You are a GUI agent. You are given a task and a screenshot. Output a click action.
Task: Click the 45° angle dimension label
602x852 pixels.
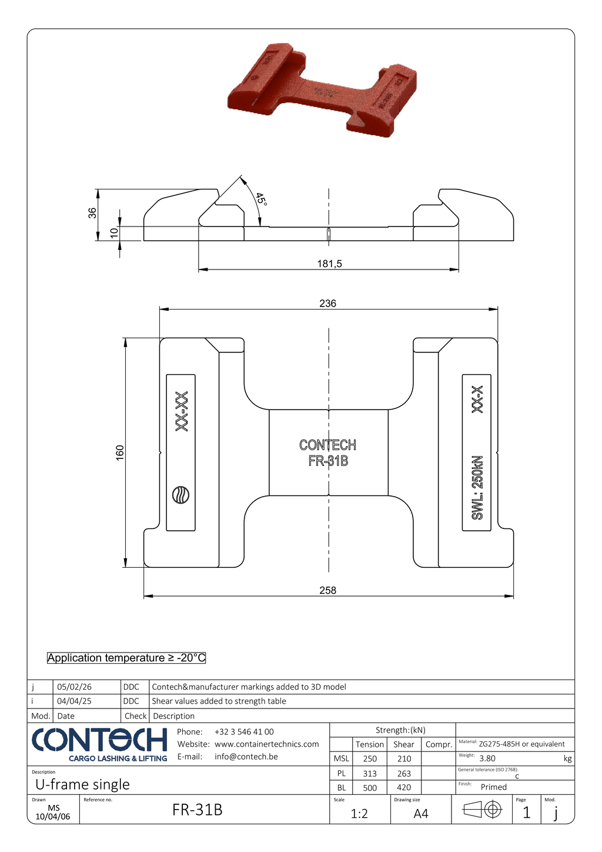tap(262, 199)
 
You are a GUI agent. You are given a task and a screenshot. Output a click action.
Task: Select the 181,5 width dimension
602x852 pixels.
tap(329, 264)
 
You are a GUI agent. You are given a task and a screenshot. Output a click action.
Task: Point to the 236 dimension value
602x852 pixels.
tap(327, 304)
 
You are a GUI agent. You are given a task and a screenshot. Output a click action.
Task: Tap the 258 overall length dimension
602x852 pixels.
tap(327, 590)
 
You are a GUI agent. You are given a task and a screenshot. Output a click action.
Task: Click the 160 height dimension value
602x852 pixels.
tap(120, 452)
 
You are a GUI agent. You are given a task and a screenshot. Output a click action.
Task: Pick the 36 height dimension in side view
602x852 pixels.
tap(93, 214)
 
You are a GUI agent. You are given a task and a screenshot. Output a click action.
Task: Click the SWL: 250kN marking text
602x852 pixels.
tap(477, 487)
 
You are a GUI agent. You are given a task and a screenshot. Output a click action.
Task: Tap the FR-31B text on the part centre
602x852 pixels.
tap(328, 461)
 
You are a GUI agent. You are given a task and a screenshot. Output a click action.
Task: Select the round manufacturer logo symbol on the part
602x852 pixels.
tap(180, 495)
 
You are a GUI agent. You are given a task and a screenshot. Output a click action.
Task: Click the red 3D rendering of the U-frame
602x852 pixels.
tap(322, 89)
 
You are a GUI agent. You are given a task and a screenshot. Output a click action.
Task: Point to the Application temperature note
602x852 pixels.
tap(126, 658)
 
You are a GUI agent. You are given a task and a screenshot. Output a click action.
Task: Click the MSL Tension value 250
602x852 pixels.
tap(370, 759)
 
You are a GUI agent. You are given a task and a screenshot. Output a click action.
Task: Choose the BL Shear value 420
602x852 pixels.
tap(404, 787)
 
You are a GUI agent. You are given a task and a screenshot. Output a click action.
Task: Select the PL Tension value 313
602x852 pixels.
tap(370, 773)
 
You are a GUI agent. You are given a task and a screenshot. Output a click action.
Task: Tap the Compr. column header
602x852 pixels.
tap(439, 744)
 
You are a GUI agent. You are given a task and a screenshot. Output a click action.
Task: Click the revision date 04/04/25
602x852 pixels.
tap(74, 701)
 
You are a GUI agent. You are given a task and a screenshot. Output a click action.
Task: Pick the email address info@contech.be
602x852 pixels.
tap(246, 757)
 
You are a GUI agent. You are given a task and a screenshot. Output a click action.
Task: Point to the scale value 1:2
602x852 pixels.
tap(359, 814)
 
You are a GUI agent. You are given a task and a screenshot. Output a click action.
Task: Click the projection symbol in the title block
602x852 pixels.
tap(483, 810)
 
